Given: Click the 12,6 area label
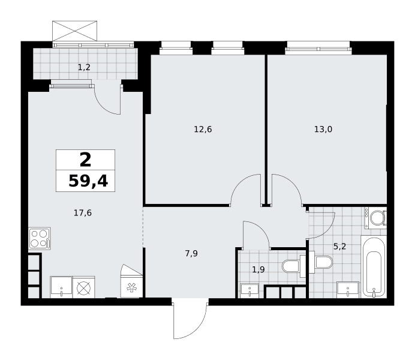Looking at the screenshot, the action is pyautogui.click(x=203, y=130).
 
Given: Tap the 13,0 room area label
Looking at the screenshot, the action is pyautogui.click(x=323, y=130).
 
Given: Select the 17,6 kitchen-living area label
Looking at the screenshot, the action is pyautogui.click(x=83, y=213).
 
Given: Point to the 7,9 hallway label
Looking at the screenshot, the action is pyautogui.click(x=191, y=254).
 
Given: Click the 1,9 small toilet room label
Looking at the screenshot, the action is pyautogui.click(x=258, y=270).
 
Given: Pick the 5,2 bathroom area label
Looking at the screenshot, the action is pyautogui.click(x=339, y=247).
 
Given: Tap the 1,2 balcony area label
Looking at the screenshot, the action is pyautogui.click(x=84, y=67).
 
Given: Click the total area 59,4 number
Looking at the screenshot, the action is pyautogui.click(x=88, y=181).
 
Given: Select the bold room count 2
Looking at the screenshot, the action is pyautogui.click(x=86, y=160).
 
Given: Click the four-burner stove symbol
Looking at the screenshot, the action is pyautogui.click(x=40, y=239).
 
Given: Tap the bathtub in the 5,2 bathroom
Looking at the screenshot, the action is pyautogui.click(x=374, y=268).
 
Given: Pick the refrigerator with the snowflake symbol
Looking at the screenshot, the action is pyautogui.click(x=131, y=287).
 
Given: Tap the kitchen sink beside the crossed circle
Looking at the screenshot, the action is pyautogui.click(x=61, y=287).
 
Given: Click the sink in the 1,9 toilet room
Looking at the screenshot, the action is pyautogui.click(x=250, y=291).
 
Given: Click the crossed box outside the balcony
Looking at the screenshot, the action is pyautogui.click(x=74, y=31).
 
